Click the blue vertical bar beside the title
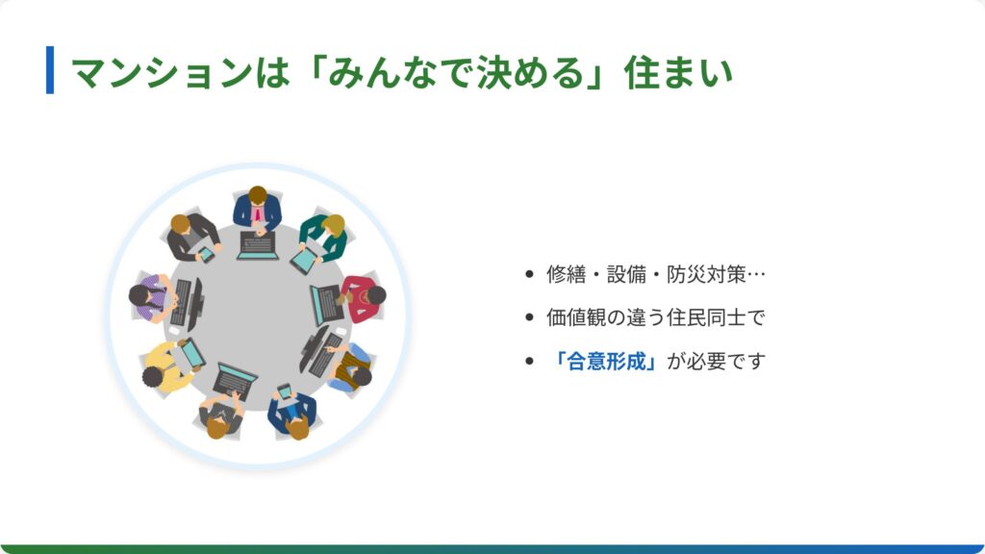(x=50, y=69)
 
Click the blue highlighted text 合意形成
(x=607, y=362)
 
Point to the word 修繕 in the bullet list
(x=566, y=274)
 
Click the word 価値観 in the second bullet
(x=576, y=317)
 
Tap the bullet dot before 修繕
(x=529, y=274)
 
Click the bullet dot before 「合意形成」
(x=529, y=362)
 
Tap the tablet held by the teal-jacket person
(x=305, y=260)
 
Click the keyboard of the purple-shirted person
(x=182, y=303)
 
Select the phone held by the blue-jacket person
(x=285, y=392)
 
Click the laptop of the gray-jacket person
(x=235, y=380)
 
